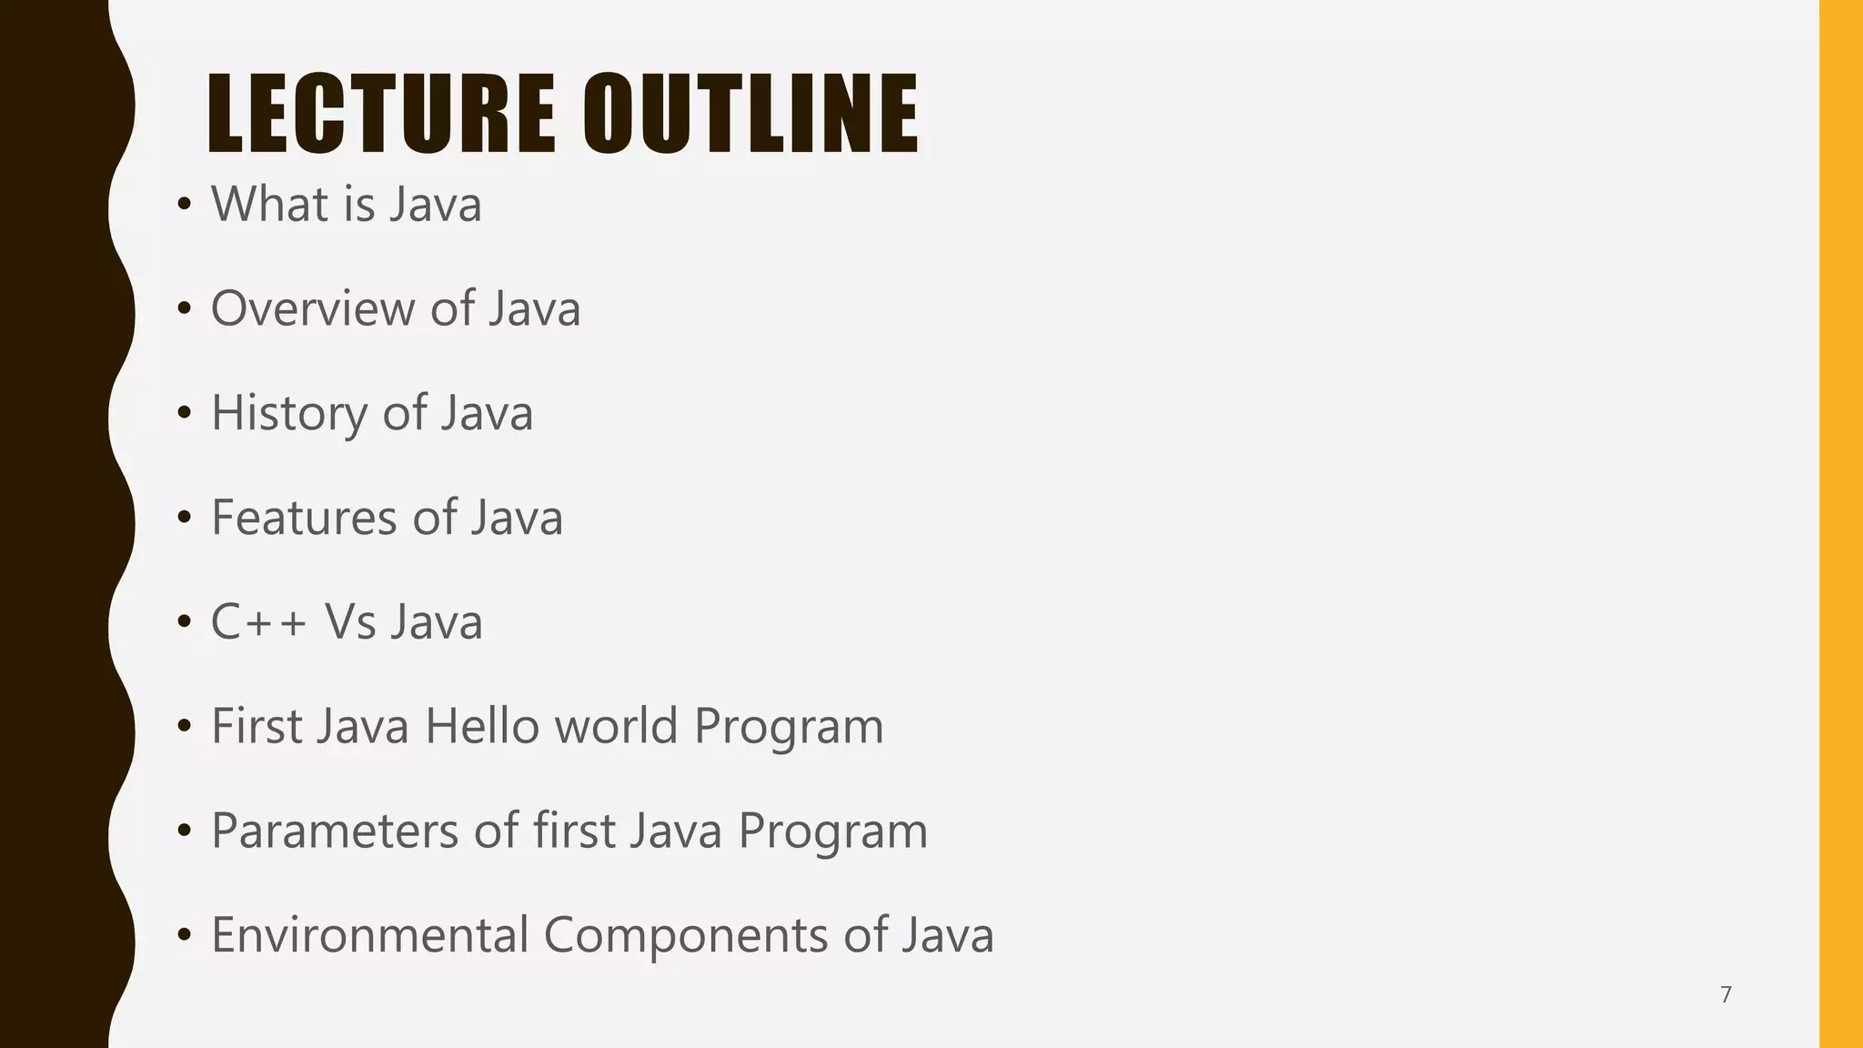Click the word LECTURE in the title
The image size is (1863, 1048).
380,114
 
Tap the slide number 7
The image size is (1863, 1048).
1726,994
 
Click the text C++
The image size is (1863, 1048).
258,622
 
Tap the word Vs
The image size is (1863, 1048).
350,622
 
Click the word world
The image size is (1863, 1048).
617,727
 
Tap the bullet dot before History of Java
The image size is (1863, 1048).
185,414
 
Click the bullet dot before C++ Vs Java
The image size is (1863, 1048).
185,623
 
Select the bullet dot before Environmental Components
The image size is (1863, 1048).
185,936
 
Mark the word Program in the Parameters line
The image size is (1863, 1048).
832,831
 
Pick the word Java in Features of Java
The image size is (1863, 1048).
517,518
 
